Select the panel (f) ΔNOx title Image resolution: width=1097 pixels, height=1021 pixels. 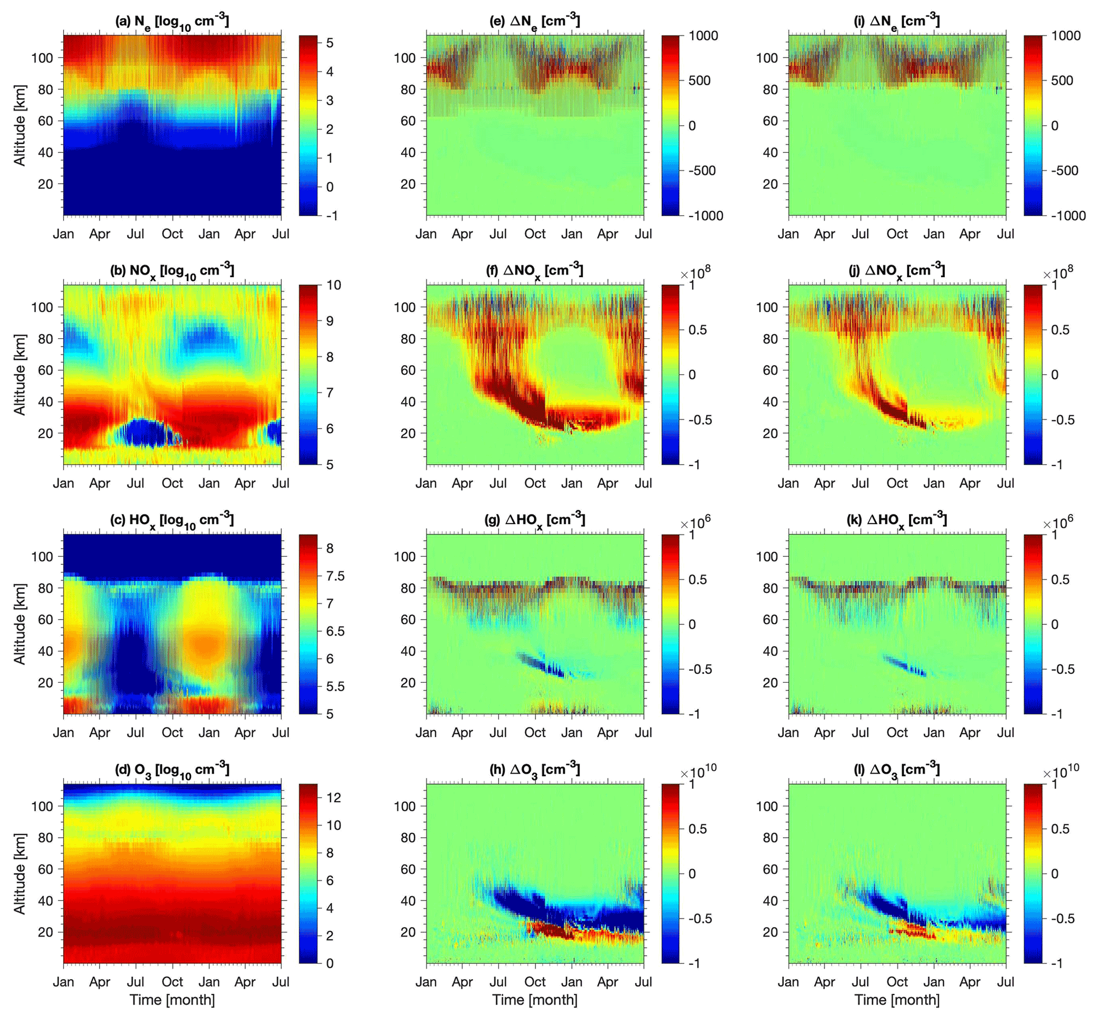pos(535,270)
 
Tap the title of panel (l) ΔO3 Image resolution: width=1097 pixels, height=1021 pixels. pos(897,769)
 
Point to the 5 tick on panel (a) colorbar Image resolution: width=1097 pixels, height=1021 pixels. pos(330,42)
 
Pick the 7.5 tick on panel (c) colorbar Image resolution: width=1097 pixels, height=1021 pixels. pos(335,576)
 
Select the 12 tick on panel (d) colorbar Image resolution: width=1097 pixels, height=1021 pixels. pos(333,797)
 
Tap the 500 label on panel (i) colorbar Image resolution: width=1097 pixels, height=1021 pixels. pos(1061,81)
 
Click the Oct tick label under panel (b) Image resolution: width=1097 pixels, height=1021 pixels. pos(172,483)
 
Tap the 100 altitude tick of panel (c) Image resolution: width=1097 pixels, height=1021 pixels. pos(42,556)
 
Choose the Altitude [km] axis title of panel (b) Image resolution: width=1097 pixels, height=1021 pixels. pos(20,375)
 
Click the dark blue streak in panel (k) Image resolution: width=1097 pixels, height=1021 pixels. pos(905,665)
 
